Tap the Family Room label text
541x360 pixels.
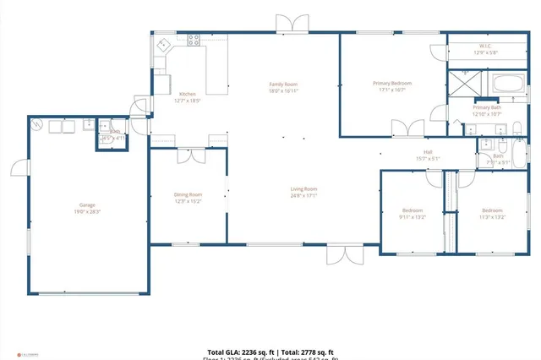[283, 85]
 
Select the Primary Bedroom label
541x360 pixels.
[392, 83]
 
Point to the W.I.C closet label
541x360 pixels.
[485, 46]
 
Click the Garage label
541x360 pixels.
[87, 205]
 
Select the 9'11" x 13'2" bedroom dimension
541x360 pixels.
[412, 216]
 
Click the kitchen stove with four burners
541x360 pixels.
[194, 39]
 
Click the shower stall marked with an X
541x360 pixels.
[464, 84]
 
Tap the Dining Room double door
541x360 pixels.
[192, 155]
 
